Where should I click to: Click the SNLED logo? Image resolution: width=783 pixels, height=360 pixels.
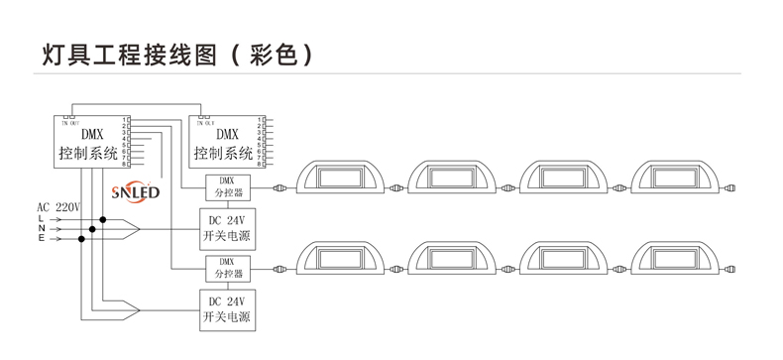coord(136,187)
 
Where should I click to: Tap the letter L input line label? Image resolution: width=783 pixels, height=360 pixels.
coord(41,218)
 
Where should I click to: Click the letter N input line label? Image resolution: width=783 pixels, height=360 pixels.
coord(41,229)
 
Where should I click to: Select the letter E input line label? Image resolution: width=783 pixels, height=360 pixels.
coord(41,240)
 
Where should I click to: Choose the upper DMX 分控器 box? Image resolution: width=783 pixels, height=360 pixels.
coord(225,185)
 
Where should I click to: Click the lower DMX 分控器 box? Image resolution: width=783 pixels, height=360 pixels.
coord(225,267)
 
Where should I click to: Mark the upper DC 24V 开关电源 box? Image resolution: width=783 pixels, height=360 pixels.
coord(225,229)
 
